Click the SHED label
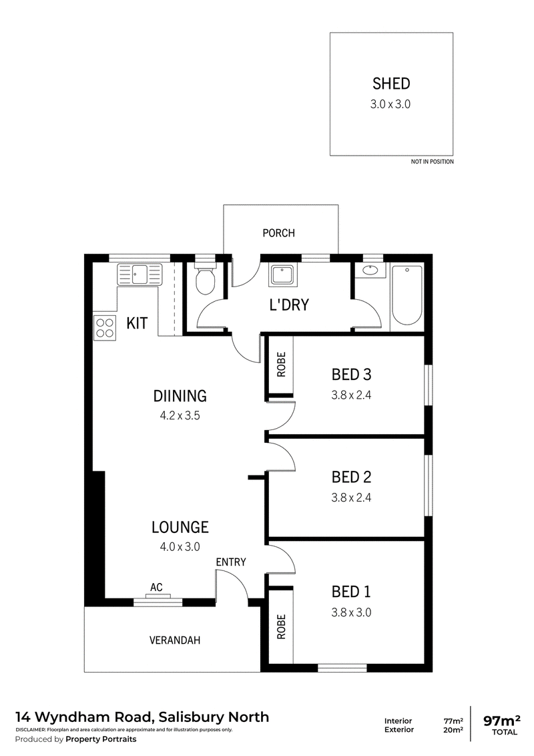[x=391, y=83]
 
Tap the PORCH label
[x=278, y=233]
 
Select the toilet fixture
[x=206, y=278]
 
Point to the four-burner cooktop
[x=105, y=328]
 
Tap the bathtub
[x=407, y=295]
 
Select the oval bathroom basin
[x=370, y=270]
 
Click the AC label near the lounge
[x=156, y=587]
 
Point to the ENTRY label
[x=231, y=562]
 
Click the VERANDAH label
[x=174, y=640]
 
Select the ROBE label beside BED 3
[x=282, y=365]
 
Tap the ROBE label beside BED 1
[x=282, y=627]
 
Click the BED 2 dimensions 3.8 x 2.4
[x=351, y=498]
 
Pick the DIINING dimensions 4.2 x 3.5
[x=180, y=415]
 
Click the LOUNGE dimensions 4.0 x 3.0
[x=180, y=547]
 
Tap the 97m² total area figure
[x=502, y=721]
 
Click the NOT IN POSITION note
[x=433, y=162]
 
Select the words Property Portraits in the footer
[x=101, y=739]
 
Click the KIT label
[x=137, y=323]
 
